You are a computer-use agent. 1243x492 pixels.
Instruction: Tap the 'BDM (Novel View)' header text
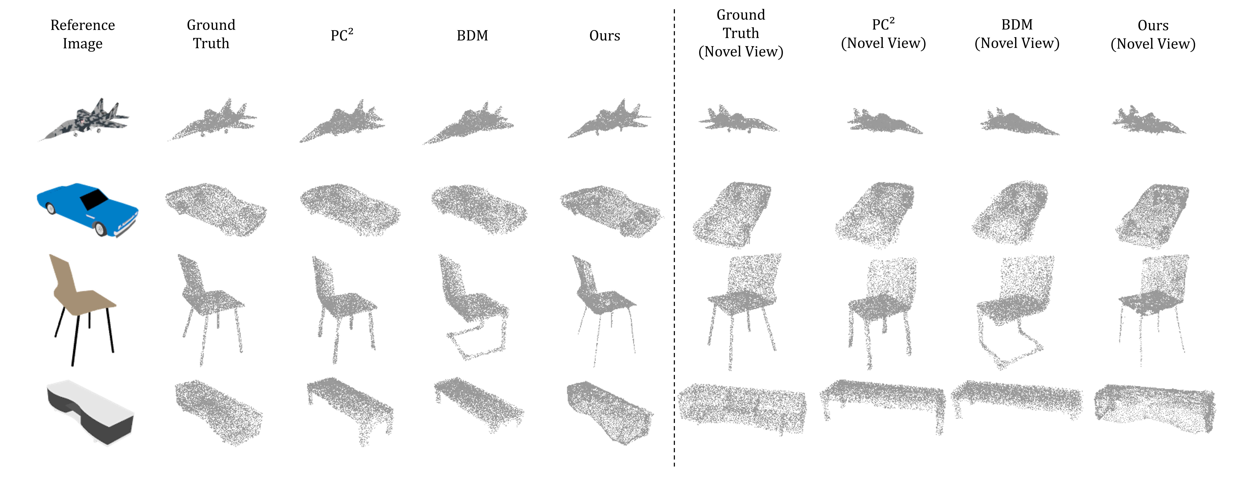(1017, 34)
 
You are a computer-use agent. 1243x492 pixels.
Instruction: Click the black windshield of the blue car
(94, 199)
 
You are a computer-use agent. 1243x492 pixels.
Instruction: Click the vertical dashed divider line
(674, 241)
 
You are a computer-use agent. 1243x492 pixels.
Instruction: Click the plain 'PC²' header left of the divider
(342, 35)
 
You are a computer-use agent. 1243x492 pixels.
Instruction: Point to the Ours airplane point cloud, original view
(609, 121)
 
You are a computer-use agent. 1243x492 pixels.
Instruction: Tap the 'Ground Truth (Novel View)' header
(741, 33)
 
